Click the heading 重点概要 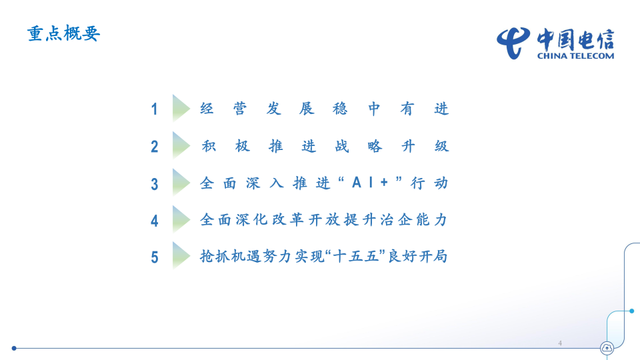[63, 34]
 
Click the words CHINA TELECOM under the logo [575, 56]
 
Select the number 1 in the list [155, 109]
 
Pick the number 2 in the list [155, 147]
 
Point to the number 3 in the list [155, 184]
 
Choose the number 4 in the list [155, 221]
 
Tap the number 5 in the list [155, 257]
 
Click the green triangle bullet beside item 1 [180, 107]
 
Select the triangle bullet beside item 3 [180, 182]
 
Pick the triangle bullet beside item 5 [180, 255]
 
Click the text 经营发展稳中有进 [325, 109]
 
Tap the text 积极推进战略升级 [325, 146]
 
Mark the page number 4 [560, 343]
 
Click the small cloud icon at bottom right [607, 347]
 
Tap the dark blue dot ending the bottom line [14, 348]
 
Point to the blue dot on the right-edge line [631, 311]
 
